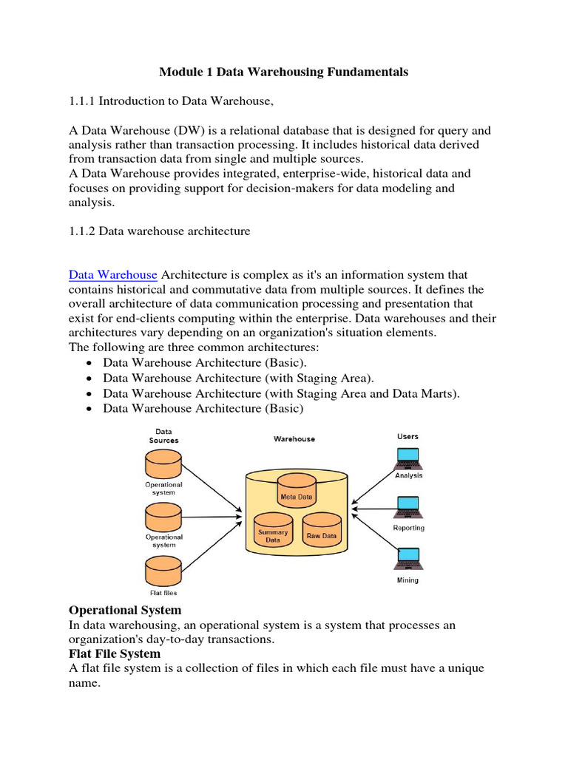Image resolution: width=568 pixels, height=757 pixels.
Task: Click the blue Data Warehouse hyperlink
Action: point(112,275)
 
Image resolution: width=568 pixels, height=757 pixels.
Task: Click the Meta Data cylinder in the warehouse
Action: point(296,493)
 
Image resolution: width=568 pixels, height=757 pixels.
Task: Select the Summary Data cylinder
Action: point(273,532)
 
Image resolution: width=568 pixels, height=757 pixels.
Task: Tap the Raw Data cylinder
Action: point(321,532)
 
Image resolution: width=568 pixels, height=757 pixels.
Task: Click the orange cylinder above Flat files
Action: point(163,569)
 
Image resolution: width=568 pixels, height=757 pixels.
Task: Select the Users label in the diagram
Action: point(408,436)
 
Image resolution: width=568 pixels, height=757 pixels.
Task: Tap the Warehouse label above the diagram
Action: point(294,438)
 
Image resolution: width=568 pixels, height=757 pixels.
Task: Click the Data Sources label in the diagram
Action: point(163,435)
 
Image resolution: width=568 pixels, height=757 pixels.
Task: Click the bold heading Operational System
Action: point(125,610)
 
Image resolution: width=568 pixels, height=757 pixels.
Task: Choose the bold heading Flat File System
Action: point(115,654)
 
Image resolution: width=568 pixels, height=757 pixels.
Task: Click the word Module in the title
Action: point(182,72)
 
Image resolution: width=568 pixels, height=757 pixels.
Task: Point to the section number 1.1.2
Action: point(82,231)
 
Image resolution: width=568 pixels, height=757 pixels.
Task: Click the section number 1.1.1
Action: point(82,101)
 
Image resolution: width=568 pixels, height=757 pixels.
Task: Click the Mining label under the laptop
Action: point(408,580)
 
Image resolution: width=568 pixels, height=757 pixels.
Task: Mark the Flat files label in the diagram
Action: point(163,593)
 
